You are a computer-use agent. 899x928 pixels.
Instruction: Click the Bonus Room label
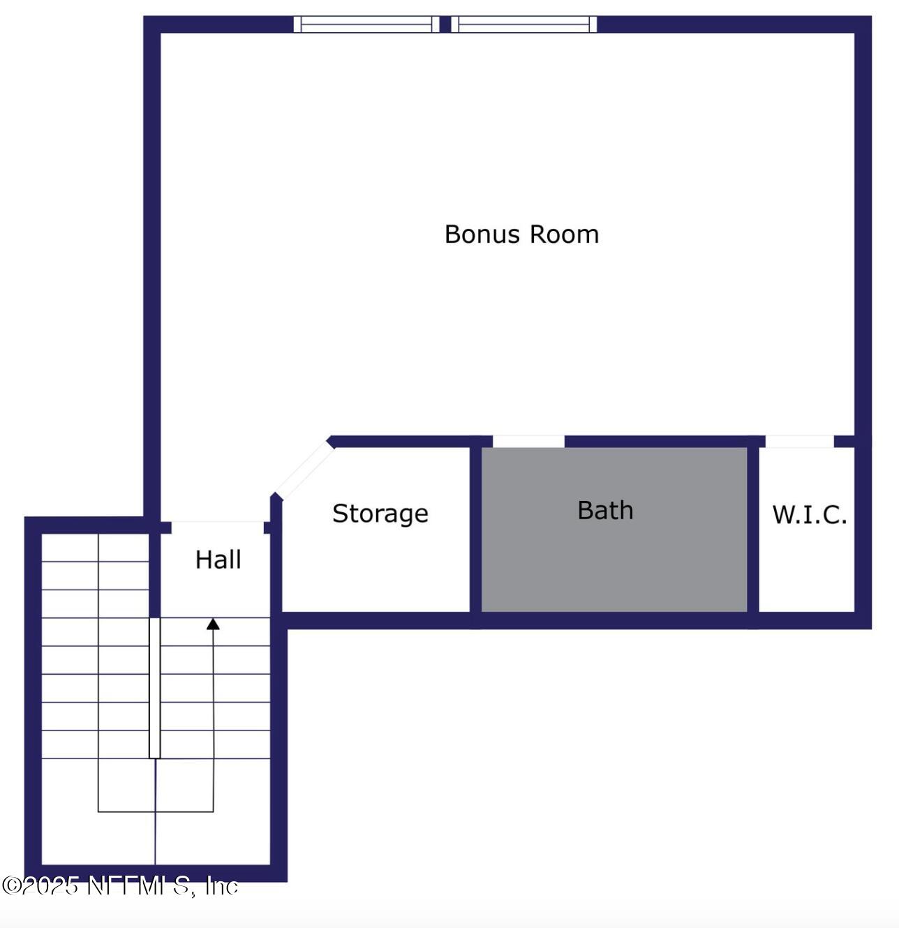(521, 234)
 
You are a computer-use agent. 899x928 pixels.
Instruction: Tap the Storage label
(380, 514)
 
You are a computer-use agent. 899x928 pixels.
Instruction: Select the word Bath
(605, 511)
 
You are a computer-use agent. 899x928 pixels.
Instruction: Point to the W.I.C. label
(809, 515)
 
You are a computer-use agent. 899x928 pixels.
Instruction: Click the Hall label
(218, 560)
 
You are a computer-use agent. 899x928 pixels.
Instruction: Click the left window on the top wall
(366, 24)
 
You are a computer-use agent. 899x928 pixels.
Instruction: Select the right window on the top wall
(523, 24)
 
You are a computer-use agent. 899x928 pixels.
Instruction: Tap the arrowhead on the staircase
(213, 624)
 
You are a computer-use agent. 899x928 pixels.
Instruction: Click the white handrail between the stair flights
(154, 687)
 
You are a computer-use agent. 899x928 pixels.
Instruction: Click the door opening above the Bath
(528, 441)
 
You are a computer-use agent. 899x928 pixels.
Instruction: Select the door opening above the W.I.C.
(799, 441)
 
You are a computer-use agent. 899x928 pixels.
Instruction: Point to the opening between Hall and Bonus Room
(217, 527)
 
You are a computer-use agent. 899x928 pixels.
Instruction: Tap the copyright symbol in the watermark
(11, 885)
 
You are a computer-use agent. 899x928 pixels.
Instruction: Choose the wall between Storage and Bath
(475, 530)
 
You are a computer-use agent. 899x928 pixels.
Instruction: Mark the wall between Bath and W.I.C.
(753, 530)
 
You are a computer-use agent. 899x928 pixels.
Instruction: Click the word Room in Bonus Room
(563, 234)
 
